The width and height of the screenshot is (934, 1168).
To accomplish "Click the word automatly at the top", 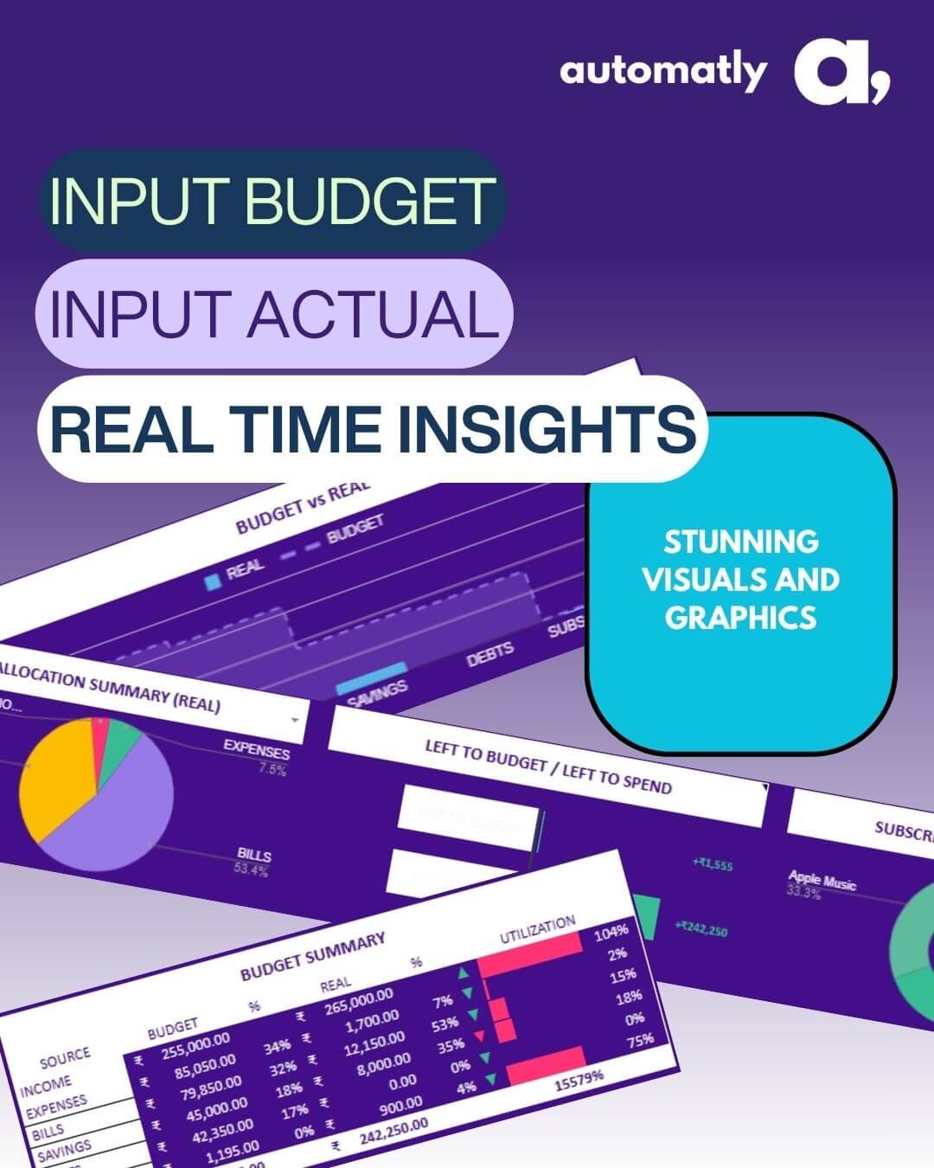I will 662,71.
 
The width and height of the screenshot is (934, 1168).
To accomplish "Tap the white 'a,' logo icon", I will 840,75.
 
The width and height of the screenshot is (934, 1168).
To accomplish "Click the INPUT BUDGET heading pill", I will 272,200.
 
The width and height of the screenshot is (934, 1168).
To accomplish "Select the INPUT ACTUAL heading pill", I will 273,313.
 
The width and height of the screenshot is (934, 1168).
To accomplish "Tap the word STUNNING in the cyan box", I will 741,542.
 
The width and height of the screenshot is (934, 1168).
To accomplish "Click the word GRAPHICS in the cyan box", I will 741,617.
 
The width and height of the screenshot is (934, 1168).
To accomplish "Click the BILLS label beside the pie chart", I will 254,855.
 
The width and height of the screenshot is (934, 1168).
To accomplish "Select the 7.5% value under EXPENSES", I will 272,769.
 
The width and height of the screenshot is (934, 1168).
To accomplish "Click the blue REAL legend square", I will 212,582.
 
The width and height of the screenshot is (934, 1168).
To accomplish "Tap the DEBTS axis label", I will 490,654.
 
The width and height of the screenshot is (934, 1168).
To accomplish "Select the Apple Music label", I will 822,881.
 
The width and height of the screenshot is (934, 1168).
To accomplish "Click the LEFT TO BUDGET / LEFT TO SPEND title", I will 547,767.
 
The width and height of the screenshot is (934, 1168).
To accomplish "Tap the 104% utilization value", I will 611,932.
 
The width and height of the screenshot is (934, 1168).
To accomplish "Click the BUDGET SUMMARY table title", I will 312,957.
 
